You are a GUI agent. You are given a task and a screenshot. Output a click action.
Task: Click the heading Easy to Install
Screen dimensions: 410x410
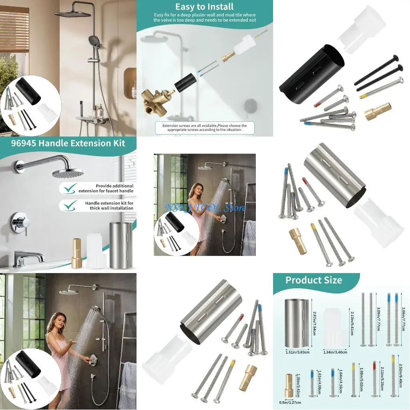coord(205,7)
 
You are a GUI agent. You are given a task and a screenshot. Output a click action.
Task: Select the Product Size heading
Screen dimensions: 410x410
coord(314,280)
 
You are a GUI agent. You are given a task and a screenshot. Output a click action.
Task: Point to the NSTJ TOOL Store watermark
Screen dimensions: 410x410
coord(205,208)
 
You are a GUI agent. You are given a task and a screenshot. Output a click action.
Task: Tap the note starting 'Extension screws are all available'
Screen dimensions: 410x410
coord(205,128)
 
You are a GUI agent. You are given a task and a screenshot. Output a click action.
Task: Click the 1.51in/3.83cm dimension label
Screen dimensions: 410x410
coord(297,352)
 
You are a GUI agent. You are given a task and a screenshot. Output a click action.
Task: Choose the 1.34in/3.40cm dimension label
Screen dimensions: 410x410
coord(335,352)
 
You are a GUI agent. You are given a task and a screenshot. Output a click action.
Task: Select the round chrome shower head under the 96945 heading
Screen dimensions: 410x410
coord(68,173)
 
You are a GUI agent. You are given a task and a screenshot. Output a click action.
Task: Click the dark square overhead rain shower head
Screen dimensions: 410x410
coord(73,14)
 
